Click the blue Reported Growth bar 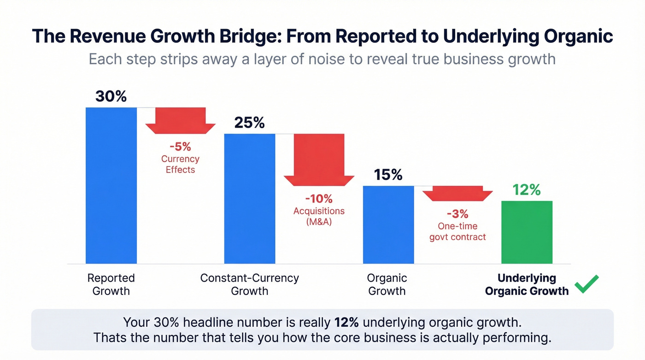(111, 185)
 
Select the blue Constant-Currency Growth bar (249, 198)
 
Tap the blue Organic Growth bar (388, 224)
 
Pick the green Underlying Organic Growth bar (527, 232)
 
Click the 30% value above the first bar (111, 96)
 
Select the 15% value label (388, 175)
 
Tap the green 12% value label (526, 189)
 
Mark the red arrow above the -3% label (457, 193)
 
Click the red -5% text (180, 147)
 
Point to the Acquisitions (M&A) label (319, 216)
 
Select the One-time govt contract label (457, 231)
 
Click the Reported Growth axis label (111, 284)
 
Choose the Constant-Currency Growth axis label (249, 284)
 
